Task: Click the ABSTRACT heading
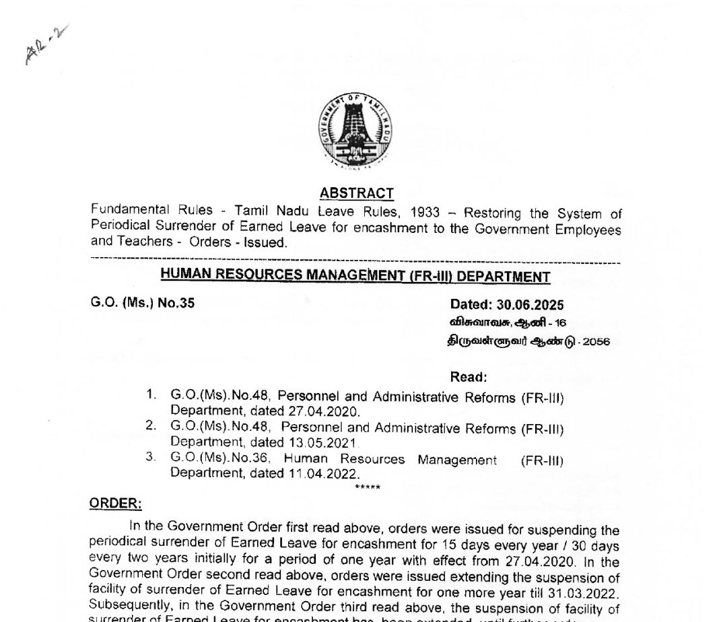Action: [x=357, y=193]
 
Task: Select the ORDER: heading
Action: [x=115, y=503]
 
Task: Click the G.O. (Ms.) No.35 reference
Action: [x=143, y=304]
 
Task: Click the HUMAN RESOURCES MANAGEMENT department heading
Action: [x=355, y=276]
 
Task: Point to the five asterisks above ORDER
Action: [x=367, y=486]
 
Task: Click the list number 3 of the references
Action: [x=150, y=458]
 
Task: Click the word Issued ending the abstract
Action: [x=267, y=242]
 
